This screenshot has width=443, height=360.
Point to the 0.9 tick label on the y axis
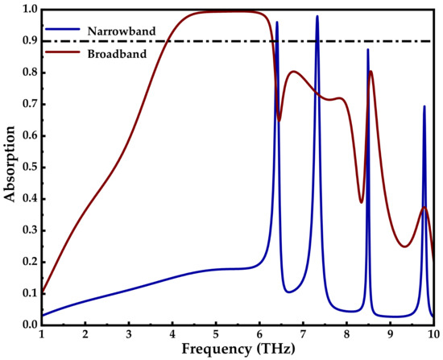point(27,41)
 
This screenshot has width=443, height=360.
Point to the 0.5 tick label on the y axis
point(27,168)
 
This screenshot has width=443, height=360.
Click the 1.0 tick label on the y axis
point(27,10)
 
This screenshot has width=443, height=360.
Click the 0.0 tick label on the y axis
point(27,325)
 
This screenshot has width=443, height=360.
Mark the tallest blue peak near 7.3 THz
point(317,16)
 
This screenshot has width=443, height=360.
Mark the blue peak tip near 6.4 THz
point(277,23)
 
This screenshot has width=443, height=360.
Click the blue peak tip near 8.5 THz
point(368,50)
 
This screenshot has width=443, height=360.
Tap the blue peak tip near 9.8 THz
point(424,106)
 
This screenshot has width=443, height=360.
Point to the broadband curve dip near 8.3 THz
point(361,202)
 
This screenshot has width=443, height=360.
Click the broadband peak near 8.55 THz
point(371,71)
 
